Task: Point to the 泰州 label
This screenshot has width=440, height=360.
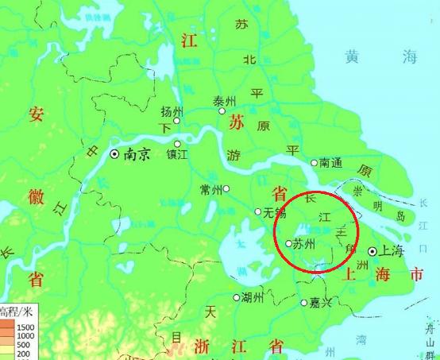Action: (x=226, y=102)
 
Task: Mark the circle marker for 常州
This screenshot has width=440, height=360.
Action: (x=226, y=188)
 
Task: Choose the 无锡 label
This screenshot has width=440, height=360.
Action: (x=274, y=212)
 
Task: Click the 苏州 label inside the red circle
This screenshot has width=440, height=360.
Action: (x=305, y=244)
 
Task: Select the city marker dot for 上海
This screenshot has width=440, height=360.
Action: (x=372, y=251)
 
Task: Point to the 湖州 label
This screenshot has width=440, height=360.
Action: (x=253, y=298)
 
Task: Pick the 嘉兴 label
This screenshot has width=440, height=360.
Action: (x=322, y=303)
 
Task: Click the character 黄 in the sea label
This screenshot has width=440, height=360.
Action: (x=353, y=56)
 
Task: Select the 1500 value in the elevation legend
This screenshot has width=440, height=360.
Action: (x=24, y=327)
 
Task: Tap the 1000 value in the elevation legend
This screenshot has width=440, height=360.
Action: (x=24, y=336)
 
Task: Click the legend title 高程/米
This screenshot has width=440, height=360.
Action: (x=16, y=311)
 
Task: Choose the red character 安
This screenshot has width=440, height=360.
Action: (x=38, y=114)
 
